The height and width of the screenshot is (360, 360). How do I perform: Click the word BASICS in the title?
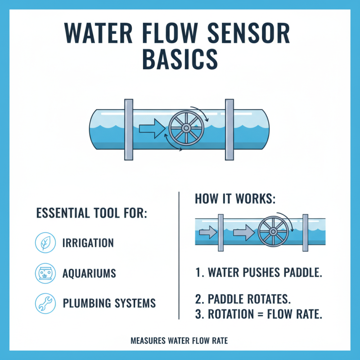pyautogui.click(x=180, y=60)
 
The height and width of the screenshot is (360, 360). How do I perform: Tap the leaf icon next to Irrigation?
pyautogui.click(x=45, y=243)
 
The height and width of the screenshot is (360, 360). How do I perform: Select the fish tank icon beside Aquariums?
pyautogui.click(x=45, y=273)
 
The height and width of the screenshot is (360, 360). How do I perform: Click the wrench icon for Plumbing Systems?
pyautogui.click(x=45, y=303)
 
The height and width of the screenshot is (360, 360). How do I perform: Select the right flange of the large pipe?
pyautogui.click(x=229, y=129)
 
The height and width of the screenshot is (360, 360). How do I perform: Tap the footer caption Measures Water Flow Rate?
pyautogui.click(x=179, y=341)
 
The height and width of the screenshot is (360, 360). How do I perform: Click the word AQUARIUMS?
pyautogui.click(x=89, y=273)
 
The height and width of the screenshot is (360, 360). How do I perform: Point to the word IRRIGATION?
pyautogui.click(x=88, y=243)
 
